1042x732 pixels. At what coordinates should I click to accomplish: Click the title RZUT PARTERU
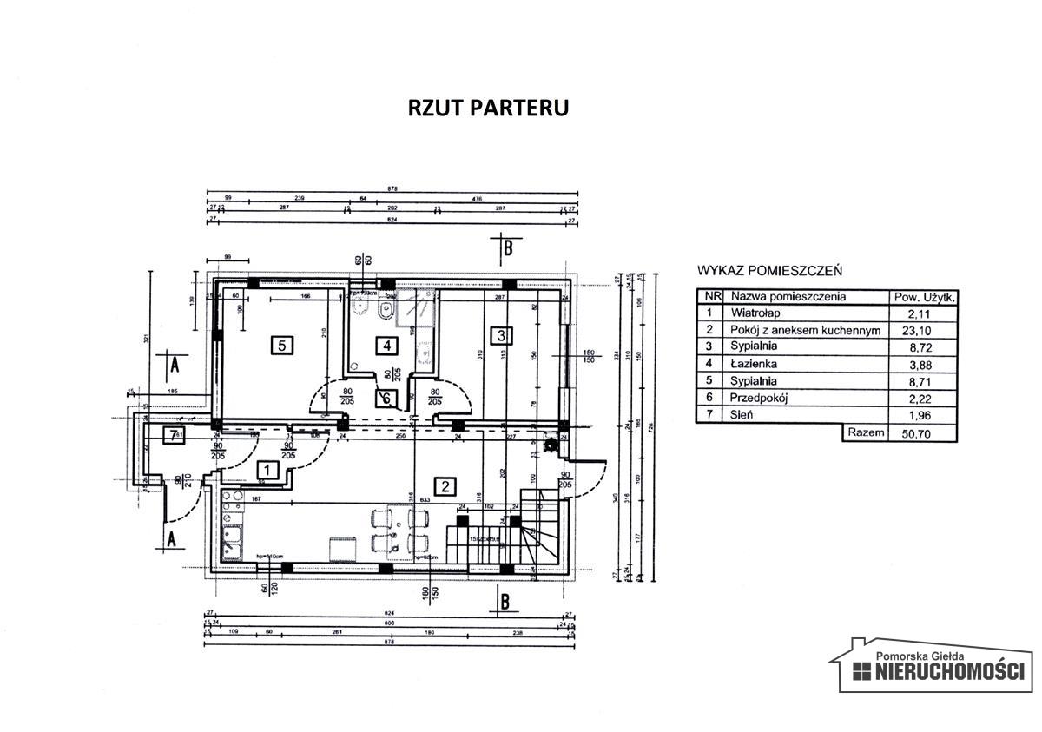pos(488,108)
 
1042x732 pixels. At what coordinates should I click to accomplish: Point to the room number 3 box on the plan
pos(499,334)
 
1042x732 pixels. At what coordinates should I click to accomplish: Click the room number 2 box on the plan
pos(445,486)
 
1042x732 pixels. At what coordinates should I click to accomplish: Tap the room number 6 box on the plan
pos(386,399)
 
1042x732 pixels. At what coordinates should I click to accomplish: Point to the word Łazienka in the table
pos(754,364)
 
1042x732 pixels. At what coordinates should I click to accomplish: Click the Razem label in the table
pos(865,432)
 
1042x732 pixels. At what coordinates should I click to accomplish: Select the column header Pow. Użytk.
pos(924,297)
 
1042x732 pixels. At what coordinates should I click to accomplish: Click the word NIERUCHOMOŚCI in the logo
pos(948,671)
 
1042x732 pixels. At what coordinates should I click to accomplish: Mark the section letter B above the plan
pos(509,249)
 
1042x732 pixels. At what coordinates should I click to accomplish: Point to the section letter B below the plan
pos(505,598)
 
